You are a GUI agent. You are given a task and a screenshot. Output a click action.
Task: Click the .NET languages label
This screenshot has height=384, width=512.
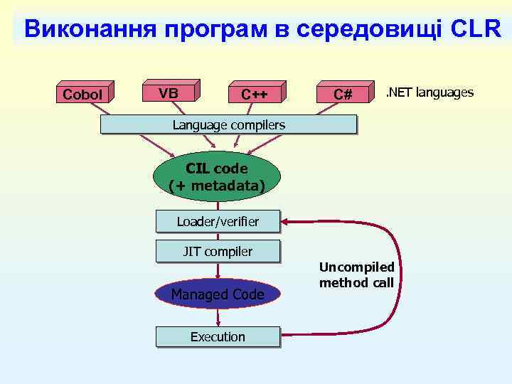click(429, 93)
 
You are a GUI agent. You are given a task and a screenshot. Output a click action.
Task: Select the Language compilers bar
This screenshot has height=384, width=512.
click(228, 125)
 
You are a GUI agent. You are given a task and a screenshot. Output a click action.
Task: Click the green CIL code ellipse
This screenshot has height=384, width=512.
click(217, 177)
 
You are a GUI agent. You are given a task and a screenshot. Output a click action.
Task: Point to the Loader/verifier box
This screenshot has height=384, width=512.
click(218, 222)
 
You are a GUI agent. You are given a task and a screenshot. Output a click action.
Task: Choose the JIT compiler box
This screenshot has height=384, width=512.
click(218, 251)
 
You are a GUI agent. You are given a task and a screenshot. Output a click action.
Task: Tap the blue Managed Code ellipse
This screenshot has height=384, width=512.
click(218, 294)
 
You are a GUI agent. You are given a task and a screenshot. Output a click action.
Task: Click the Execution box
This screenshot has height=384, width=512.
click(218, 336)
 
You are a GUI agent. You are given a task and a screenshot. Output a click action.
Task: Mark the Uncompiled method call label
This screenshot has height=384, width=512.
click(356, 275)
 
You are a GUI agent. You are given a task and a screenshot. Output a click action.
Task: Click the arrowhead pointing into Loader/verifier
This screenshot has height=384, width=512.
click(286, 222)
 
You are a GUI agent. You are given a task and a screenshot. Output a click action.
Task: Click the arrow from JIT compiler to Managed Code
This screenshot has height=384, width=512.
click(218, 270)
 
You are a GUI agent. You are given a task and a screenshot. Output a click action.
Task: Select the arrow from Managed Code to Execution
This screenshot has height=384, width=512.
click(218, 317)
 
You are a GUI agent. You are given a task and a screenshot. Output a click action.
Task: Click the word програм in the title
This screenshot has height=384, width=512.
click(218, 29)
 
